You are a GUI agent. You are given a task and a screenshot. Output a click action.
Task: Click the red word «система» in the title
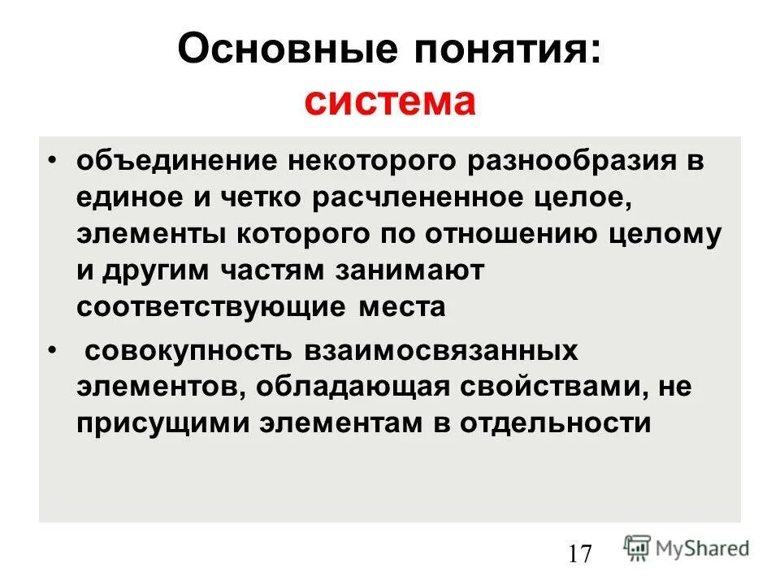(389, 103)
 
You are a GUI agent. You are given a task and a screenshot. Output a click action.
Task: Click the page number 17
(580, 555)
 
